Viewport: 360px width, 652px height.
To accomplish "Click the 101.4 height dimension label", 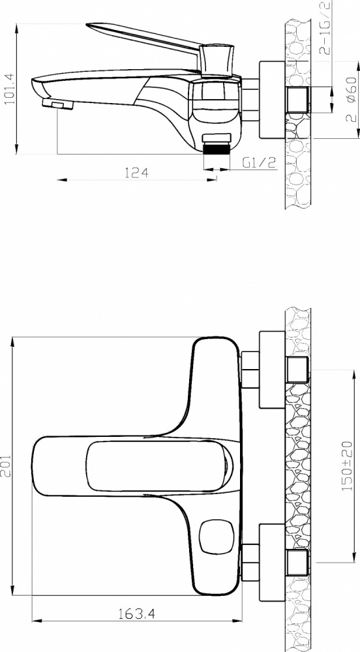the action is pos(9,89).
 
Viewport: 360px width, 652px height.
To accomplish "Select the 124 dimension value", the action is pos(137,173).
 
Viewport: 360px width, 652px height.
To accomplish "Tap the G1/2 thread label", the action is pos(260,162).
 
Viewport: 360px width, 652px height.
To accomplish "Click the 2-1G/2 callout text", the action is pos(325,28).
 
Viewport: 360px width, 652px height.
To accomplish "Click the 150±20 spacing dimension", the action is pos(347,466).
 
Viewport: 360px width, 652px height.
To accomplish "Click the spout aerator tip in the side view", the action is pos(58,104).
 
